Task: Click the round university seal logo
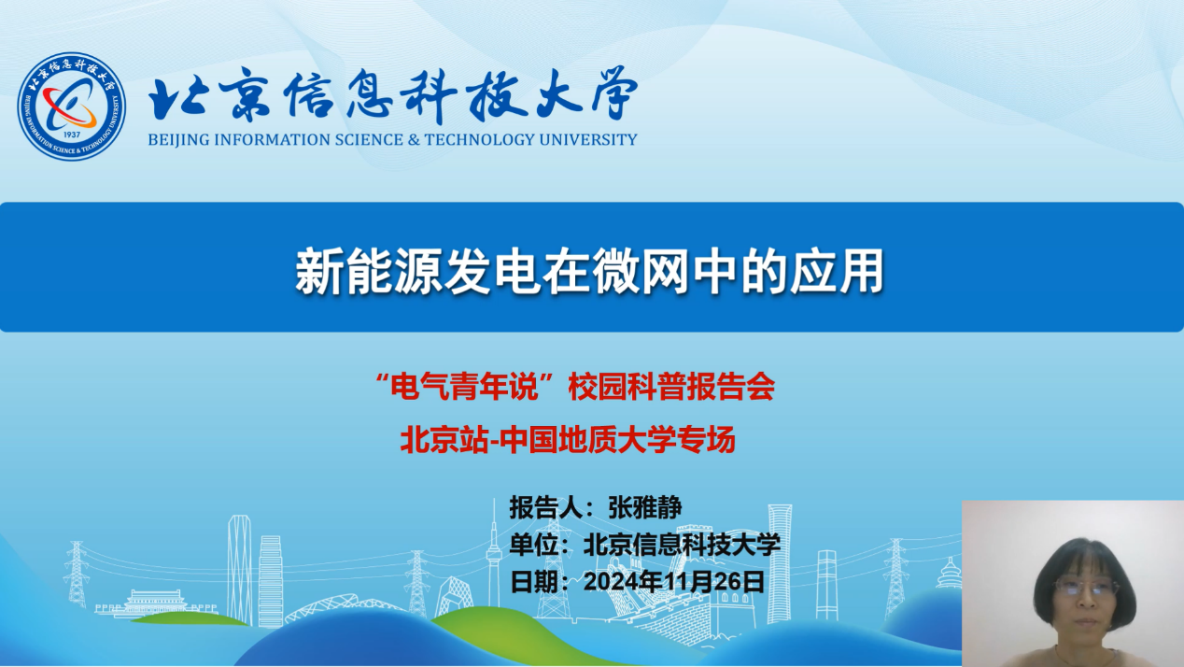tap(71, 106)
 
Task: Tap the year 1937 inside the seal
tap(72, 135)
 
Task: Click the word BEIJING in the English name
tap(178, 139)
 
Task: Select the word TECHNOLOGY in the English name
tap(479, 139)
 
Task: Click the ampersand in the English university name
tap(414, 139)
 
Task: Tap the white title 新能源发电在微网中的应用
tap(589, 271)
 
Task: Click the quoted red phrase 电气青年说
tap(463, 387)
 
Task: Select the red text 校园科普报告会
tap(671, 387)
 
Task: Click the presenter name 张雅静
tap(645, 508)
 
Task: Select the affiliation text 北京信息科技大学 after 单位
tap(682, 545)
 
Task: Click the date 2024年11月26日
tap(674, 582)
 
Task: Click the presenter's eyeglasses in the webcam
tap(1086, 587)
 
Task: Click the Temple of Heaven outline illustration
tap(950, 573)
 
